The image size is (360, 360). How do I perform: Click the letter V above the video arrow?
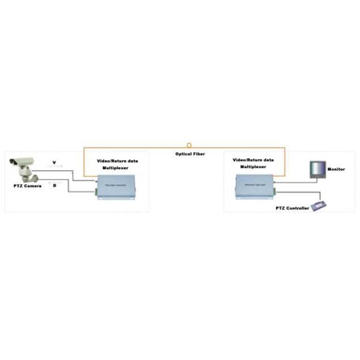(53, 163)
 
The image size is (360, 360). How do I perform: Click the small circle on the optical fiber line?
(190, 145)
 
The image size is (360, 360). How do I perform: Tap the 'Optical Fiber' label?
(190, 154)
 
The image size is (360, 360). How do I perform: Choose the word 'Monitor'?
(336, 170)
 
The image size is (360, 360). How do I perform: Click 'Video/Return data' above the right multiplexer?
(253, 160)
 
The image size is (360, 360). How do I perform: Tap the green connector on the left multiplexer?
(95, 192)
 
